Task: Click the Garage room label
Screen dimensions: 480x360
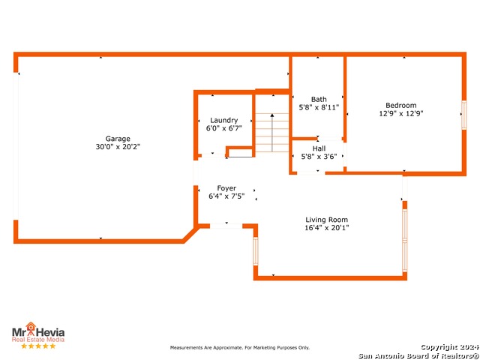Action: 118,139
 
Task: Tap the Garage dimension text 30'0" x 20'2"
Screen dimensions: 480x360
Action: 118,147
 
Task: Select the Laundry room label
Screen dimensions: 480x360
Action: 223,121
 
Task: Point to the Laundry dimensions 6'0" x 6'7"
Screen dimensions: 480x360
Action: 223,128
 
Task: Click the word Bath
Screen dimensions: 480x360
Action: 319,100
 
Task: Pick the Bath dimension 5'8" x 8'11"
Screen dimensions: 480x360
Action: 319,107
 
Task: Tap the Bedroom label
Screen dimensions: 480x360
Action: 401,105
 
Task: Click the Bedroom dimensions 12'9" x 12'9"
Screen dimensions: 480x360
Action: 401,113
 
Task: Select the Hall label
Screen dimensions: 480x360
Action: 319,148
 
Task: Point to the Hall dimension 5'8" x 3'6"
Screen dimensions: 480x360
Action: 319,157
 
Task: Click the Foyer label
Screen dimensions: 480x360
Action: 226,188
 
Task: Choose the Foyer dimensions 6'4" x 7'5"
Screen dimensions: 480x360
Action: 226,196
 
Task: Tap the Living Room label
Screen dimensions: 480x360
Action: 327,220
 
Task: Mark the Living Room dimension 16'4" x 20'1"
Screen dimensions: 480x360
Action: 327,228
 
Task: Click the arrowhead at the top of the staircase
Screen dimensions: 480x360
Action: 272,115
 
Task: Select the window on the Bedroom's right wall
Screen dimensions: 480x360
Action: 464,115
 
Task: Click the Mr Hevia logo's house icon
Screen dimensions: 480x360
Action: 31,326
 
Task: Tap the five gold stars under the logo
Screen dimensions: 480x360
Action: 38,346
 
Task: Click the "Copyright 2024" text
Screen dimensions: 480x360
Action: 450,347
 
